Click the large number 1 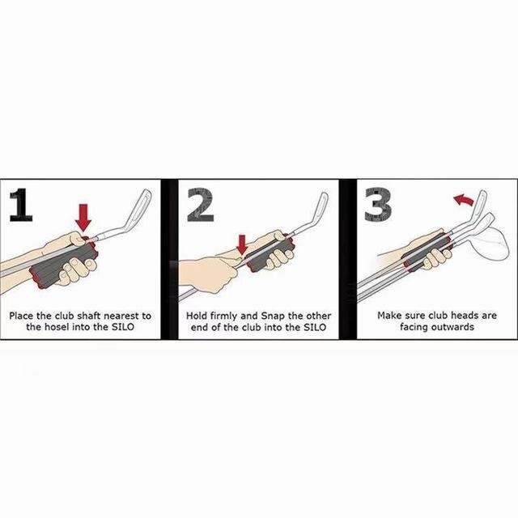(21, 205)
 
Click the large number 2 (201, 205)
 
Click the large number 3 (378, 205)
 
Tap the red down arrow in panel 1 (83, 217)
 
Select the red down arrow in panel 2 (243, 244)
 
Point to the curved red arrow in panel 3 (464, 199)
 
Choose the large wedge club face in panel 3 (490, 244)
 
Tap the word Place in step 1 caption (21, 316)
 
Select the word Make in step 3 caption (389, 316)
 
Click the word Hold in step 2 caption (197, 316)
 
